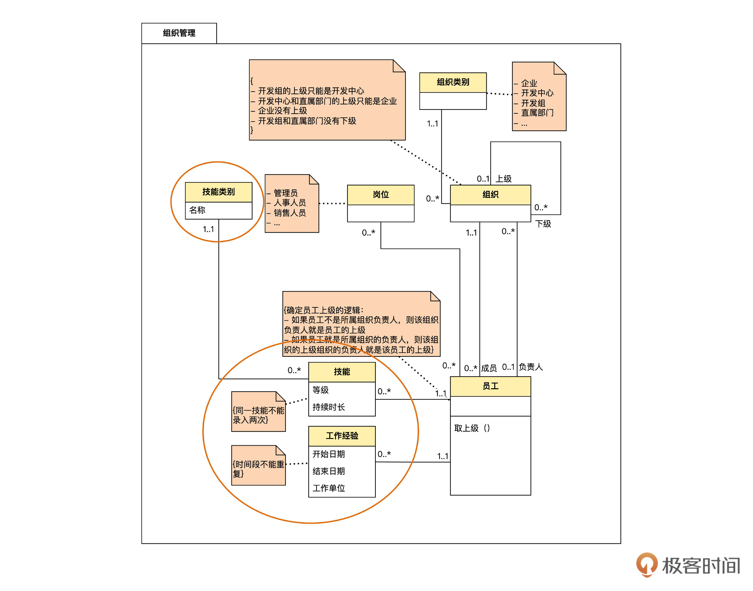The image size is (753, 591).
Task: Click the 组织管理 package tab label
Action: click(x=179, y=33)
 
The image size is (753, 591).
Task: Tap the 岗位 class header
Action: click(x=380, y=195)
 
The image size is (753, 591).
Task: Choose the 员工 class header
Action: click(x=490, y=386)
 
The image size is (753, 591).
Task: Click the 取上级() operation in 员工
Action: click(x=472, y=428)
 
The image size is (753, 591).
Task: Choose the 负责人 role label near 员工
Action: click(x=531, y=367)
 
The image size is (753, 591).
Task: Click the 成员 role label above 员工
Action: click(x=489, y=368)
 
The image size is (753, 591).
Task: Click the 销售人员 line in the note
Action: click(x=290, y=213)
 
